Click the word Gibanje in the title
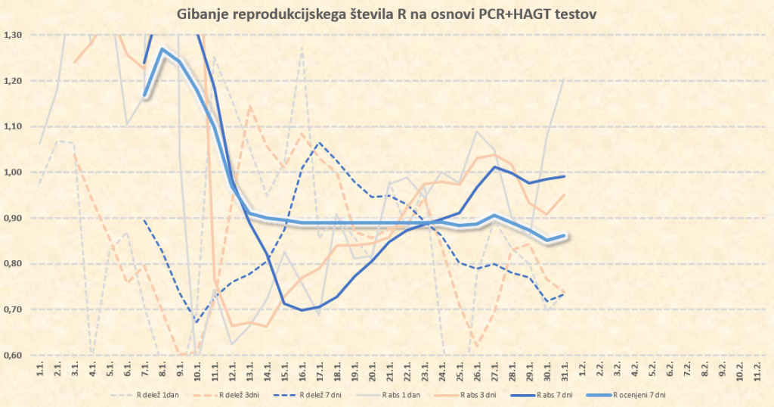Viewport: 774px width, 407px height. coord(202,13)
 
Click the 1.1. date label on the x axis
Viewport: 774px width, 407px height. coord(39,371)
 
